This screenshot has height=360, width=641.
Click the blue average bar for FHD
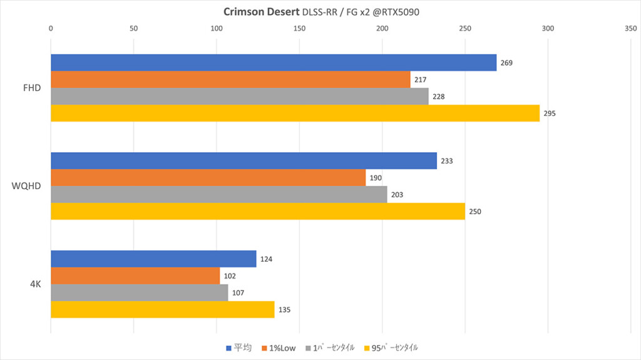coord(273,63)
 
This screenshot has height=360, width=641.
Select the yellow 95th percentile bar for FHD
coord(295,113)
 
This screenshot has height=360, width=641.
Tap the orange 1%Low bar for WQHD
coord(208,178)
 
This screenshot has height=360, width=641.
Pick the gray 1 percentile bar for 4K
coord(139,292)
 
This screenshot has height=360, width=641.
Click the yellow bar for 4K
coord(162,309)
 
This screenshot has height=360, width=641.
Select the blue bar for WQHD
coord(244,161)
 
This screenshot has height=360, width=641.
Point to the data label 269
coord(507,63)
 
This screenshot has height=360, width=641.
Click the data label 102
coord(231,276)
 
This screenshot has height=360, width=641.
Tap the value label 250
coord(475,212)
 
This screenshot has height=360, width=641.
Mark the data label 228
coord(439,97)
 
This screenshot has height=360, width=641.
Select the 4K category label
coord(35,284)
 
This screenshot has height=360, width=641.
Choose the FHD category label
coord(31,88)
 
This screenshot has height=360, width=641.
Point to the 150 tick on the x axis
coord(299,28)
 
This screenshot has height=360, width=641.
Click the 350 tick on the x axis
coord(630,28)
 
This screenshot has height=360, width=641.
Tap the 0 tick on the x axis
coord(51,28)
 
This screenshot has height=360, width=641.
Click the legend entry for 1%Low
coord(279,347)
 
